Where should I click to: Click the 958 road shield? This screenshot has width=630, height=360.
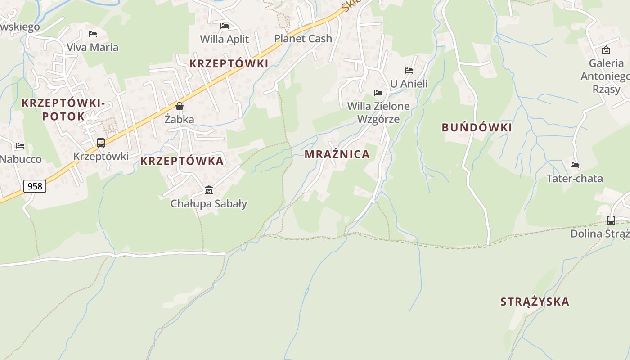(x=35, y=186)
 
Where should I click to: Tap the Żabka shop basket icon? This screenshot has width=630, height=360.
(x=180, y=106)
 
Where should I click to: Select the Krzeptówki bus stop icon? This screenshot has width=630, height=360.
(x=101, y=143)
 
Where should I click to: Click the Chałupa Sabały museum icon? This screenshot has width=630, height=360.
(x=209, y=190)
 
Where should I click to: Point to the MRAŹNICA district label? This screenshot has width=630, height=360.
(x=337, y=154)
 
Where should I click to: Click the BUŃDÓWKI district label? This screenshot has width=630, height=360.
(x=477, y=128)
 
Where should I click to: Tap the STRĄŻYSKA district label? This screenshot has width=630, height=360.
(x=535, y=301)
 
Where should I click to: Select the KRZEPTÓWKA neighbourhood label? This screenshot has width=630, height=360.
(x=182, y=161)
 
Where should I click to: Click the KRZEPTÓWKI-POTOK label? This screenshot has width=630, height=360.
(x=63, y=110)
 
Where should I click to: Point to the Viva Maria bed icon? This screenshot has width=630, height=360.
(x=93, y=34)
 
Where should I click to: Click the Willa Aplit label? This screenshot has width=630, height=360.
(x=224, y=39)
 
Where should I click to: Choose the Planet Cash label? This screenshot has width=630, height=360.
(x=303, y=39)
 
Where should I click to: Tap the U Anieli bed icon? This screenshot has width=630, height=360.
(x=409, y=71)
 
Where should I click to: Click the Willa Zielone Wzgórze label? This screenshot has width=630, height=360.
(x=378, y=112)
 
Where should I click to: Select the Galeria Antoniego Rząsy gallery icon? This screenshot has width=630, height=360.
(x=606, y=50)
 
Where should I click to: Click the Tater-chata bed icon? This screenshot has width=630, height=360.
(x=575, y=165)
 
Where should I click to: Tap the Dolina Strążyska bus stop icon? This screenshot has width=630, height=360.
(x=611, y=220)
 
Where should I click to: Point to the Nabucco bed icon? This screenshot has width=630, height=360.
(x=20, y=146)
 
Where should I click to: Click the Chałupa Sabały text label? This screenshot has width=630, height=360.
(x=209, y=204)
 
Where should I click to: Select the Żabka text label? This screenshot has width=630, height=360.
(x=179, y=120)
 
